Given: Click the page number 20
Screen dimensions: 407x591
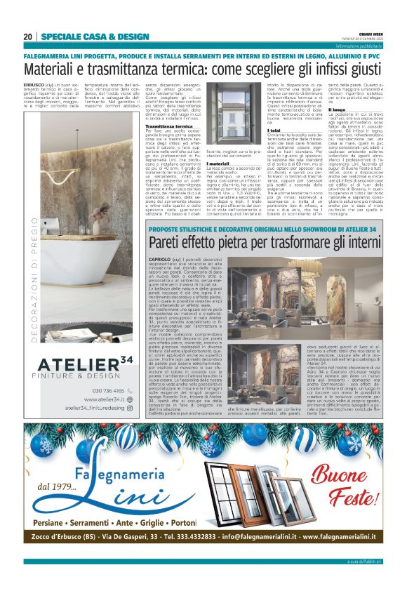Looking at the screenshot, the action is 28,36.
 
